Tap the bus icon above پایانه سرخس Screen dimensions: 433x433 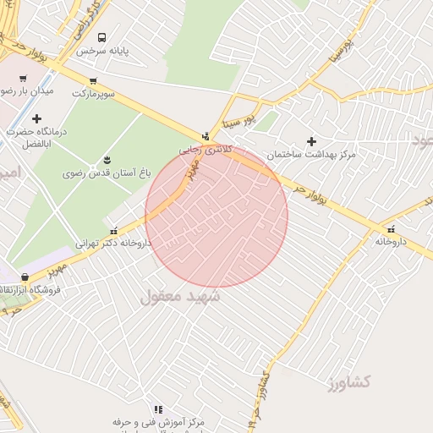tap(102, 37)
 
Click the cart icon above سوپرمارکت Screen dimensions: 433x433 tap(92, 80)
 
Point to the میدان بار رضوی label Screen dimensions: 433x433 tap(25, 90)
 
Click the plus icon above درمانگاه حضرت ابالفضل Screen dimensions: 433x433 tap(36, 118)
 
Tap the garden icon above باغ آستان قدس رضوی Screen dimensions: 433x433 tap(107, 159)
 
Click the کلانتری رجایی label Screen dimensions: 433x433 tap(204, 147)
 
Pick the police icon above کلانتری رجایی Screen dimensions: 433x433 tap(205, 134)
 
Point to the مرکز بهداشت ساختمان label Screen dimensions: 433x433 tap(311, 155)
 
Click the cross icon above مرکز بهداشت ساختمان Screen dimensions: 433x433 tap(311, 141)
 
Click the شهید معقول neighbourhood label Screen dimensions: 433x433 tap(179, 296)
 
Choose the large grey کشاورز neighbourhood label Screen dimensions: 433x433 tap(348, 382)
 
